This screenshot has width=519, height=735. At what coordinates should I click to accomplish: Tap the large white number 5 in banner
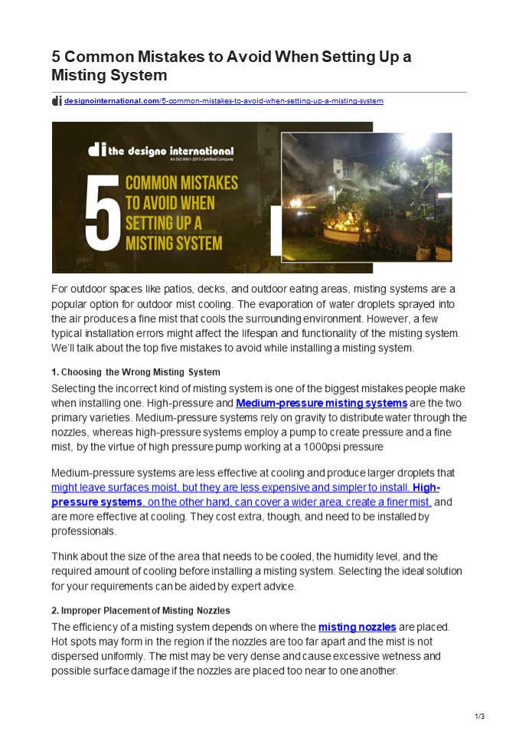click(102, 213)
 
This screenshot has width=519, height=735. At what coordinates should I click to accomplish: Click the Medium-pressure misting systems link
click(322, 403)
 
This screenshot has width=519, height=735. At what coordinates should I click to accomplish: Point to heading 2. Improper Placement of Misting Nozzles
click(140, 611)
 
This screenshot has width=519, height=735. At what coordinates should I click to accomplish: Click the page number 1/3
click(480, 717)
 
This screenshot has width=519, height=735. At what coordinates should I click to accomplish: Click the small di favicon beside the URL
click(57, 101)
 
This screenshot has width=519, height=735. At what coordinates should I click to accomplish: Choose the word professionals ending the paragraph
click(84, 531)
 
